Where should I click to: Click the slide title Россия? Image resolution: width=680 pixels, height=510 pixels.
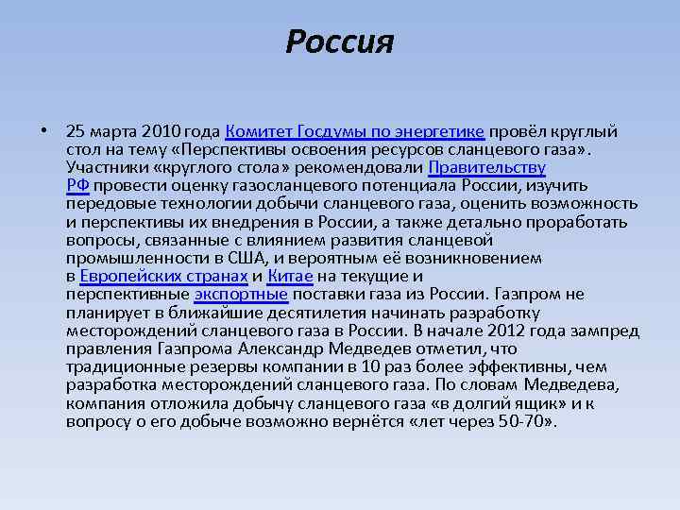tap(339, 42)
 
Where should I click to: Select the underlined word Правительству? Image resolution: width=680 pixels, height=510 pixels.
tap(487, 168)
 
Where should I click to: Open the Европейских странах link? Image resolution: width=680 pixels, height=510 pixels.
tap(164, 277)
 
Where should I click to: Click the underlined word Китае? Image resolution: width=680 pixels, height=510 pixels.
tap(290, 277)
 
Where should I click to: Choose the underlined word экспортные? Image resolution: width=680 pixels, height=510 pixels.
tap(241, 295)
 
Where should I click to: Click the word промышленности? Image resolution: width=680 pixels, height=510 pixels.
tap(141, 259)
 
